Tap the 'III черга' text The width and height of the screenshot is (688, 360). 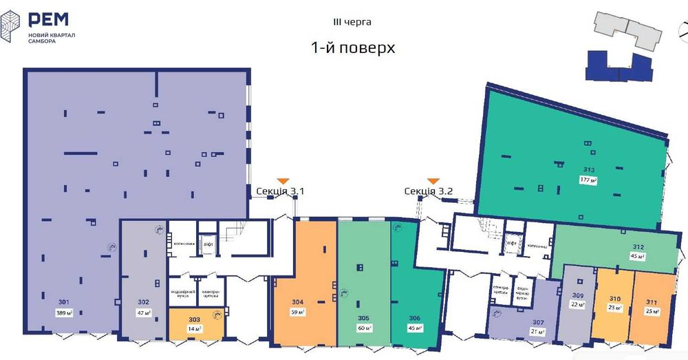(352, 22)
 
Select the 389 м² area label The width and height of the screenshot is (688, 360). (65, 313)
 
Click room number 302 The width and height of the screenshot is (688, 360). (143, 301)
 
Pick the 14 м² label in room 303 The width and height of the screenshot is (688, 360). (195, 328)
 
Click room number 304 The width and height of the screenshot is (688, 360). (298, 301)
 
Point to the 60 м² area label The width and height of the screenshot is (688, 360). (364, 328)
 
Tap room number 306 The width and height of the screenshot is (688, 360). (414, 318)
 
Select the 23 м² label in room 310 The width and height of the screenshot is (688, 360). (614, 308)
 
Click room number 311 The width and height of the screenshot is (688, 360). (652, 301)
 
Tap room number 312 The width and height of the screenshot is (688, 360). (638, 247)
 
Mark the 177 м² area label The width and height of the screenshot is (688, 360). (589, 180)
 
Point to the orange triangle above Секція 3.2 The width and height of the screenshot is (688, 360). (433, 180)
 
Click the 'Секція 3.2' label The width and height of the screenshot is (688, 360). (428, 191)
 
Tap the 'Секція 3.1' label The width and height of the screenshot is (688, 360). (279, 191)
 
